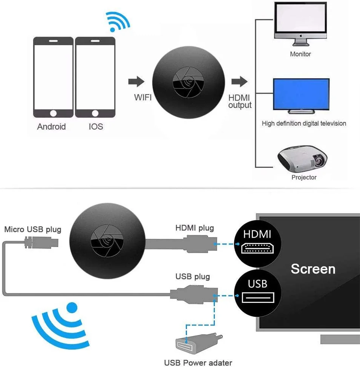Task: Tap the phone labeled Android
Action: [x=53, y=77]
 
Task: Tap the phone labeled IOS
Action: [x=95, y=77]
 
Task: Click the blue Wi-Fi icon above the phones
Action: [x=118, y=21]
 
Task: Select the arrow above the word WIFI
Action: [x=136, y=81]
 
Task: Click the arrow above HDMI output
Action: [x=239, y=81]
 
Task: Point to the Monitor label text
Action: [x=300, y=54]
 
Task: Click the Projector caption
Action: [x=304, y=177]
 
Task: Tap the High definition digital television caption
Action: [x=304, y=123]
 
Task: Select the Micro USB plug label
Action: [x=32, y=229]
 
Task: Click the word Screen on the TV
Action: [x=313, y=269]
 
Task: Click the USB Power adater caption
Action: [x=198, y=363]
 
